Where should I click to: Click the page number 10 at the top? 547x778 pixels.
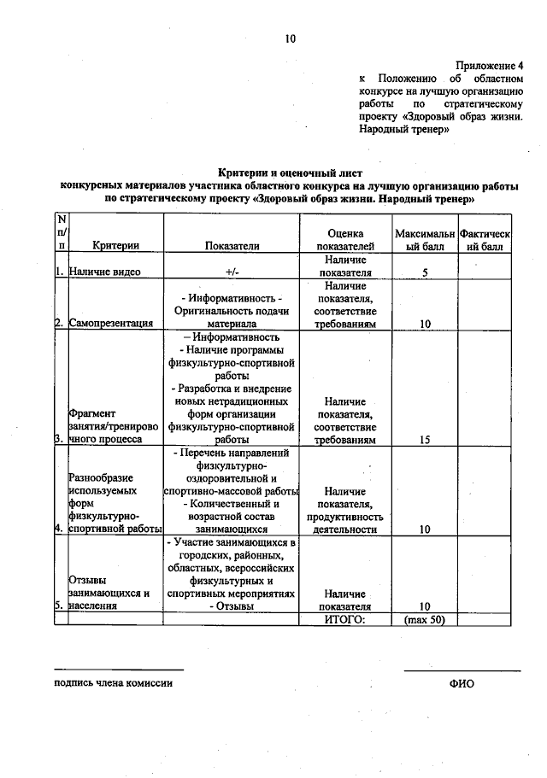pos(290,38)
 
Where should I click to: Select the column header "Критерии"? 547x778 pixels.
pos(116,245)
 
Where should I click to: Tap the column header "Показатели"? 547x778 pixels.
pos(232,245)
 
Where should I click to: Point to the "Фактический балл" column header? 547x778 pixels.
pos(485,239)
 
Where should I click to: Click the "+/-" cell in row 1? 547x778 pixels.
pos(232,272)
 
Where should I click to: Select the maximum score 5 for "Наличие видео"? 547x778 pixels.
pos(424,272)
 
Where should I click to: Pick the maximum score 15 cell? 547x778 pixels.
pos(424,439)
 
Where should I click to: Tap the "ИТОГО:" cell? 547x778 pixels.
pos(345,619)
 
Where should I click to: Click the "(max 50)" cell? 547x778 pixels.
pos(424,619)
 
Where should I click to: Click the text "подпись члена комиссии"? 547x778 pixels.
pos(113,683)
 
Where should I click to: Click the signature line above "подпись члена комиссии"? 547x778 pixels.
pos(119,670)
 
